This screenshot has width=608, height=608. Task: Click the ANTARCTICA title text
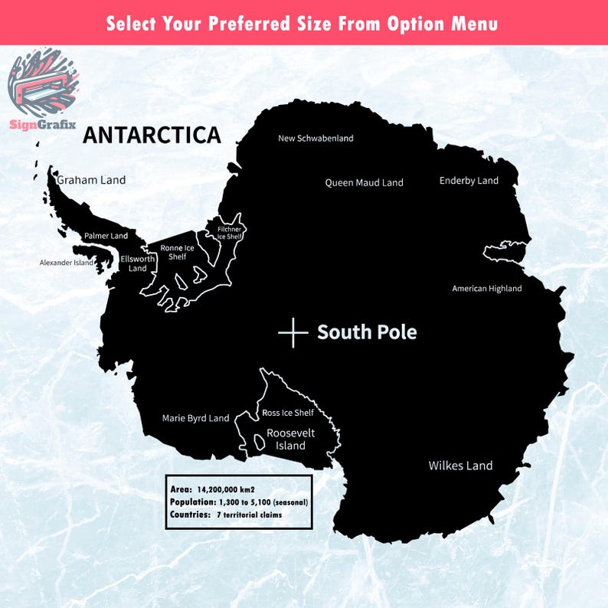pyautogui.click(x=152, y=135)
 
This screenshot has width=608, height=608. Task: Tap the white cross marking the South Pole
pyautogui.click(x=293, y=332)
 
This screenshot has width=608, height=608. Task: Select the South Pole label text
pyautogui.click(x=367, y=332)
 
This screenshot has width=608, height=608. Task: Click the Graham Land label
pyautogui.click(x=91, y=180)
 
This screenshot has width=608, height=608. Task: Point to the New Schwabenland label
pyautogui.click(x=315, y=139)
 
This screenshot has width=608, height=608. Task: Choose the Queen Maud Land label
pyautogui.click(x=364, y=183)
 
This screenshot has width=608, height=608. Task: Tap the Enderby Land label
pyautogui.click(x=469, y=181)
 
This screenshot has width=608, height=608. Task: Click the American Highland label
pyautogui.click(x=487, y=289)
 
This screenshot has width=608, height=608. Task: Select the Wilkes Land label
pyautogui.click(x=460, y=466)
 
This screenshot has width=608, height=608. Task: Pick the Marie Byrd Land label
pyautogui.click(x=195, y=418)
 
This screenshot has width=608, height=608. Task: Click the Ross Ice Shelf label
pyautogui.click(x=288, y=413)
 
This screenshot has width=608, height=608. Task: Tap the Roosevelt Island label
pyautogui.click(x=286, y=440)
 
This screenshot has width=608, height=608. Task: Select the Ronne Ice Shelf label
pyautogui.click(x=178, y=252)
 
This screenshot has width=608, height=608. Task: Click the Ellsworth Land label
pyautogui.click(x=138, y=263)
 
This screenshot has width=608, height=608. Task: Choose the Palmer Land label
pyautogui.click(x=106, y=236)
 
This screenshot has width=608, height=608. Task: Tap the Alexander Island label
pyautogui.click(x=67, y=263)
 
